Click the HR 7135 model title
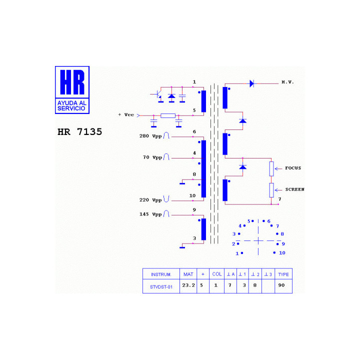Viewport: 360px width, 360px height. click(79, 132)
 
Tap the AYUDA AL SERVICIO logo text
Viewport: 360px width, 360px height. click(72, 105)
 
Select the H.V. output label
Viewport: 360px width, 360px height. click(287, 82)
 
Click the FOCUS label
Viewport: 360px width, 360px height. click(293, 168)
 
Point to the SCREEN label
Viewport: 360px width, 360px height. click(295, 189)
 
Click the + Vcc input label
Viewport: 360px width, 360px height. click(126, 114)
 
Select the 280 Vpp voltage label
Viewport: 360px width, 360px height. click(150, 136)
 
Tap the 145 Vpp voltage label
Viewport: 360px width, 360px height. click(150, 214)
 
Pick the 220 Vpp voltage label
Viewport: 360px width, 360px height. click(150, 200)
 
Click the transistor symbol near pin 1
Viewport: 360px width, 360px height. click(158, 94)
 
